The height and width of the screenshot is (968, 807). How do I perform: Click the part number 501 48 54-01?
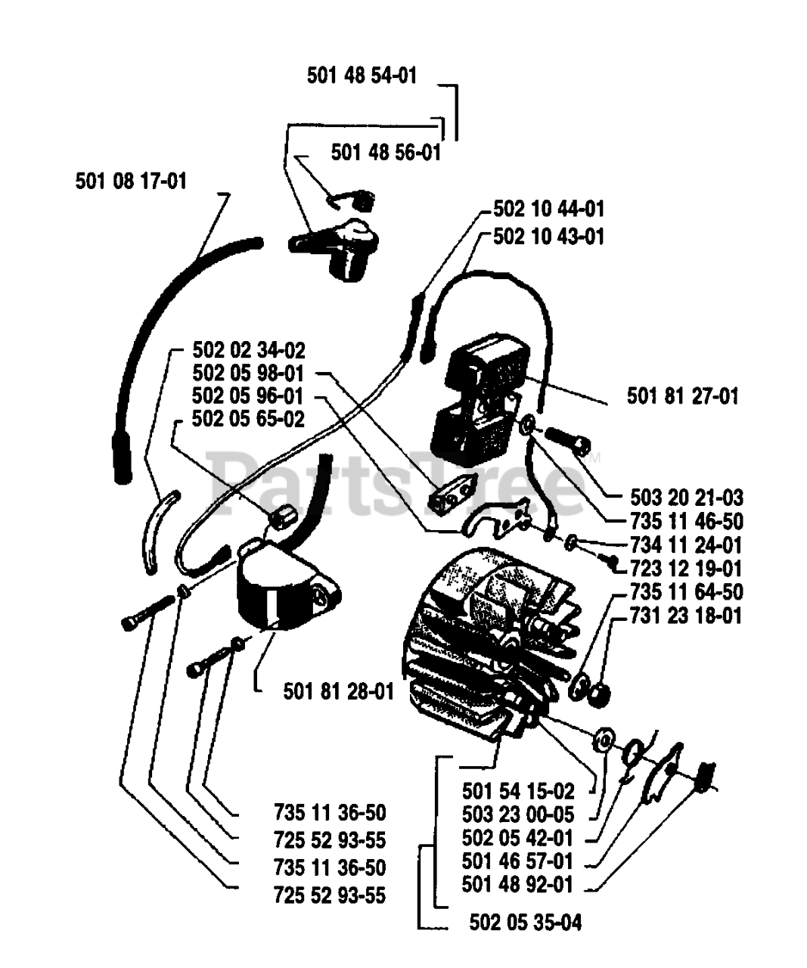point(362,75)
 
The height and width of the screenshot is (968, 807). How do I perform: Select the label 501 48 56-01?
point(385,152)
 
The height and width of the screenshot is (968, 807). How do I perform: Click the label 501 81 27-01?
point(682,395)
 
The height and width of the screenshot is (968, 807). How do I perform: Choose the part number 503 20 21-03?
point(686,498)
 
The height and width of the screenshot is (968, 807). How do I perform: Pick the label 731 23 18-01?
point(686,615)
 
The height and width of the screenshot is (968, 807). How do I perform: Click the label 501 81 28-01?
point(339,690)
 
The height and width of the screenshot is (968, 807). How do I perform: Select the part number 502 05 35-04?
point(526,923)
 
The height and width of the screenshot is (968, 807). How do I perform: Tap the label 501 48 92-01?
point(517,884)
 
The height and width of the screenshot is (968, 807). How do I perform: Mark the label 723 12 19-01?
point(686,568)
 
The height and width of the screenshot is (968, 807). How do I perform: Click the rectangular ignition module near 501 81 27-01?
point(476,401)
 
